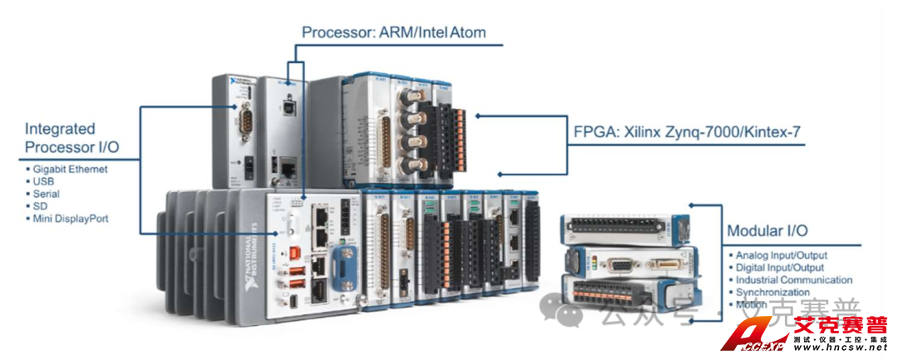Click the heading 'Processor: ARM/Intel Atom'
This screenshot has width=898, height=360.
(393, 32)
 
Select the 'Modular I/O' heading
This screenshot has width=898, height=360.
(767, 230)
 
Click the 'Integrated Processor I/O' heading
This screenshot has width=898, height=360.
(72, 138)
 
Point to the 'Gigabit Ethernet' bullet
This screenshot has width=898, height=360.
(71, 169)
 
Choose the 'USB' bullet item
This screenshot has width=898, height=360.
(43, 181)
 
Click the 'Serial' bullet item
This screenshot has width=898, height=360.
(47, 194)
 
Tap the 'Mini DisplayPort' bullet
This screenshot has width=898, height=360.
(70, 219)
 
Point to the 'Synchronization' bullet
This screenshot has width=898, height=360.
(772, 293)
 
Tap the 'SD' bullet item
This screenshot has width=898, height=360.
(39, 206)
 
